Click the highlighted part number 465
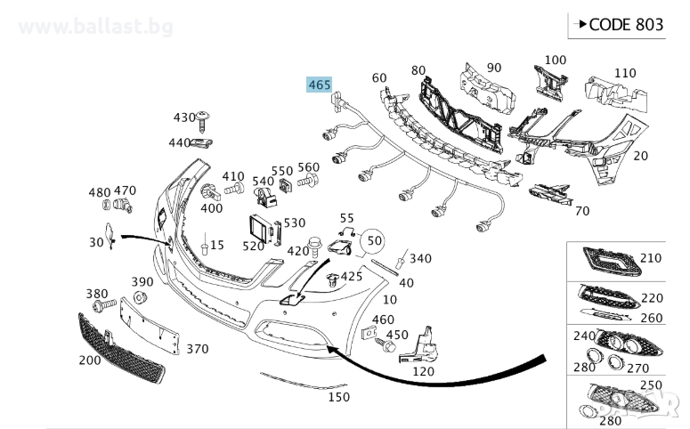(319, 85)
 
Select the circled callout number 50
(374, 240)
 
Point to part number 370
(197, 349)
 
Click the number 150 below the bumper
(337, 396)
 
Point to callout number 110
(625, 73)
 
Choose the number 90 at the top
(494, 68)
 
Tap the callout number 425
(352, 276)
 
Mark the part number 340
(420, 258)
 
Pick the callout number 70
(582, 211)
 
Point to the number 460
(383, 320)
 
